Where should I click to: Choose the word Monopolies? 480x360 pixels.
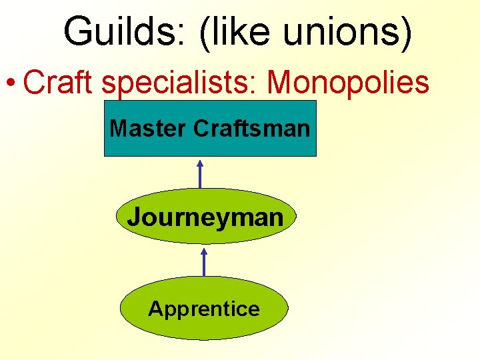click(x=347, y=82)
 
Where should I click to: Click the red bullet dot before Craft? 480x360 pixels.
click(x=11, y=84)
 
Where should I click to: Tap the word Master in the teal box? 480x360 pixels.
click(x=148, y=127)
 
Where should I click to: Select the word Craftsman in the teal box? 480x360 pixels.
click(x=252, y=127)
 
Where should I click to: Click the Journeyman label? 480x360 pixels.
click(x=205, y=216)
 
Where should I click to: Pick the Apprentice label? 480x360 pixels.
click(x=204, y=309)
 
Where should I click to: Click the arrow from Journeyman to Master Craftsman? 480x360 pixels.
click(x=200, y=174)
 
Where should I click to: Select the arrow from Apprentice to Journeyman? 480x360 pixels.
click(x=204, y=261)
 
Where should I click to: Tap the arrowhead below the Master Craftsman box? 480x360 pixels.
click(x=200, y=162)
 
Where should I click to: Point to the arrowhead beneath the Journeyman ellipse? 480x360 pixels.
click(x=204, y=250)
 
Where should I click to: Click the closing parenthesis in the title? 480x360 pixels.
click(x=405, y=31)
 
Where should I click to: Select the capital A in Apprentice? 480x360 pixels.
click(x=155, y=309)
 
